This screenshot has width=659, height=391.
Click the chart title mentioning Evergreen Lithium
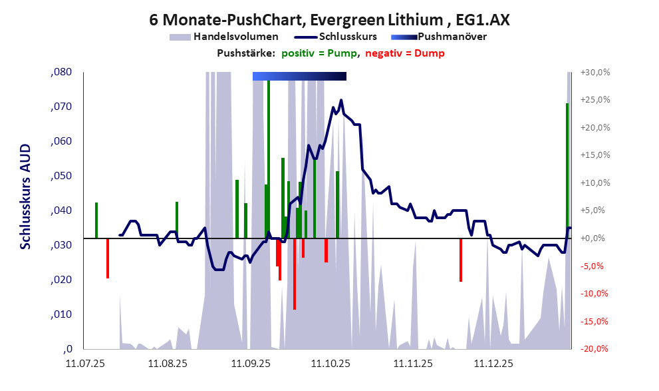click(x=330, y=20)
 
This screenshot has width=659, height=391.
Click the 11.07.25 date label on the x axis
click(x=85, y=364)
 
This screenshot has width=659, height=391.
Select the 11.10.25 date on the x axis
click(x=329, y=364)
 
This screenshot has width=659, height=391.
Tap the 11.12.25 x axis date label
click(x=492, y=364)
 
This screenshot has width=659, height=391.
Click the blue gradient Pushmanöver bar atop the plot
click(x=299, y=76)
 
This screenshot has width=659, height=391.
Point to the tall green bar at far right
click(x=567, y=167)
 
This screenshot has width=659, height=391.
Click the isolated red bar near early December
click(x=461, y=260)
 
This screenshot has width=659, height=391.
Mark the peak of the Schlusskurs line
click(x=341, y=101)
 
